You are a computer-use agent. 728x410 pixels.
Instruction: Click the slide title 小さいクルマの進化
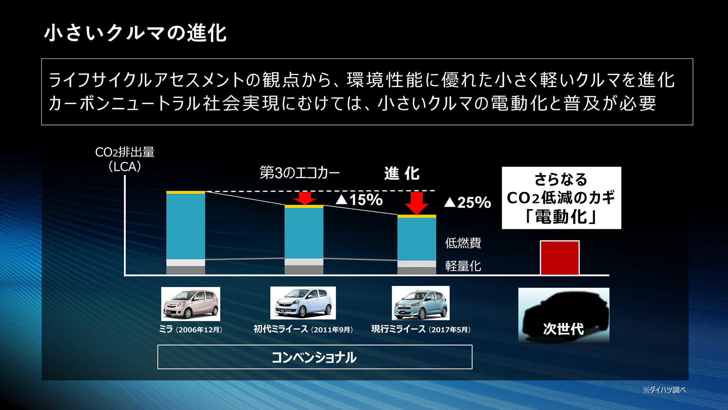135,33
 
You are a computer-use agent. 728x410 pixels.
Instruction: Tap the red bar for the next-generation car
560,258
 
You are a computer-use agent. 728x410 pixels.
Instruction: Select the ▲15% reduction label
359,200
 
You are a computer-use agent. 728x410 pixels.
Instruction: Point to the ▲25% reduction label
468,202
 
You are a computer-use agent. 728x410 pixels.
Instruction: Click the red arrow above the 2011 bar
304,198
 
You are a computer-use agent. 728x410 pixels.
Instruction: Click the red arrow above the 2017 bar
416,203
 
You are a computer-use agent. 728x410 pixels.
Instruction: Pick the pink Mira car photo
190,304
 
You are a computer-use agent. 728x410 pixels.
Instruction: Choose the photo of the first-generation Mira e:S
303,303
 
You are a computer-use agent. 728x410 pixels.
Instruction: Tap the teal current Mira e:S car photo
420,303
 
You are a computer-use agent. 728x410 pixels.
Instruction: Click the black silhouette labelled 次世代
563,315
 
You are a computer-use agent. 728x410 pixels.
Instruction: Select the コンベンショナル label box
315,357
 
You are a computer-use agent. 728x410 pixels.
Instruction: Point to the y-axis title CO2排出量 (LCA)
125,159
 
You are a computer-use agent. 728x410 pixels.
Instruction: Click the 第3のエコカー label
300,173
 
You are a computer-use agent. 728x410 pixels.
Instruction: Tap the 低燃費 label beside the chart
463,243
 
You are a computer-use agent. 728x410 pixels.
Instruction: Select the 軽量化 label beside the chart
463,266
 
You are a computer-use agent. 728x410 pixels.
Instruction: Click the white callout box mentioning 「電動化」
561,198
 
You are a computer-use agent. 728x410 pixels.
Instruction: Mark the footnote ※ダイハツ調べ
664,390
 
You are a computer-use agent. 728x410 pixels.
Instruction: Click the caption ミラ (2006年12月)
191,330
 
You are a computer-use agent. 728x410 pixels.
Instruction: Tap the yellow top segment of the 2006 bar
186,192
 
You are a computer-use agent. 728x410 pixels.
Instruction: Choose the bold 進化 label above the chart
402,173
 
